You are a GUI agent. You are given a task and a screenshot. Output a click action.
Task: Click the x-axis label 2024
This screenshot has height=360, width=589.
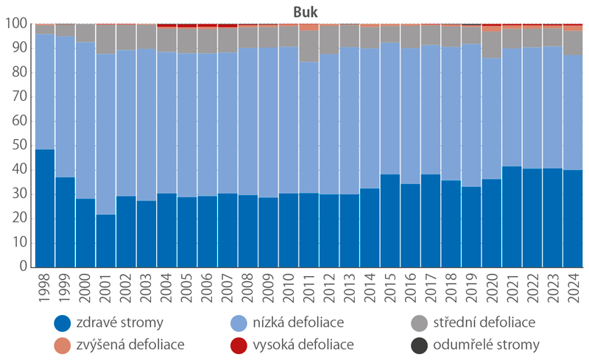[574, 290]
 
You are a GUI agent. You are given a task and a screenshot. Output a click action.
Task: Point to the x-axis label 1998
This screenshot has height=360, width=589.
[46, 290]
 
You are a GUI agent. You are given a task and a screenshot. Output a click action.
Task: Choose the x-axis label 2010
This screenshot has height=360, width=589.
[289, 290]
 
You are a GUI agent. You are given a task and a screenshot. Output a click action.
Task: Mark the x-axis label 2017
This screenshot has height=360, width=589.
[431, 290]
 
